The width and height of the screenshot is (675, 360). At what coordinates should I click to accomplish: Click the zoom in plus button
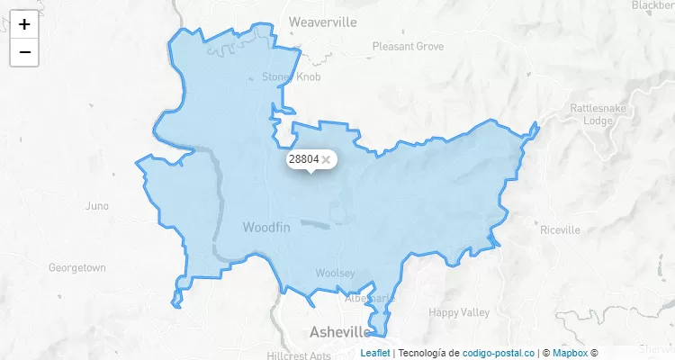click(x=24, y=24)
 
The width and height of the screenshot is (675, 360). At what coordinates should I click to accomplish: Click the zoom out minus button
click(x=24, y=52)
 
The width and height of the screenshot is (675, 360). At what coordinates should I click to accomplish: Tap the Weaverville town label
click(x=322, y=22)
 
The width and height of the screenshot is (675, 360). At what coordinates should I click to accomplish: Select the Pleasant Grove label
click(x=408, y=46)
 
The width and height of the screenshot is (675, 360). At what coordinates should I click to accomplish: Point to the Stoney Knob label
click(x=291, y=76)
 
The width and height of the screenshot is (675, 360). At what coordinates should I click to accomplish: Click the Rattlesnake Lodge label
click(x=591, y=113)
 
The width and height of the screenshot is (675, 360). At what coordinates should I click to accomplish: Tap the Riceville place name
click(x=560, y=229)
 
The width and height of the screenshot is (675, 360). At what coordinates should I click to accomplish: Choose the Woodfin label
click(x=266, y=229)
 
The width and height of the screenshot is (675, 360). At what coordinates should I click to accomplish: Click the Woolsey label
click(x=335, y=273)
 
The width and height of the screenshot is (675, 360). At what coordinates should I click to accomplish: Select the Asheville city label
click(x=340, y=331)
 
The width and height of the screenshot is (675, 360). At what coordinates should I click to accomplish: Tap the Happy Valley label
click(x=459, y=313)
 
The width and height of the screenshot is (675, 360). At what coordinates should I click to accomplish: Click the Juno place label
click(x=96, y=206)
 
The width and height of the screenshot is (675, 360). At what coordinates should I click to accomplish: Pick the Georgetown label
click(x=77, y=268)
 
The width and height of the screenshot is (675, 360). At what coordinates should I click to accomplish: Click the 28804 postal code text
click(x=303, y=159)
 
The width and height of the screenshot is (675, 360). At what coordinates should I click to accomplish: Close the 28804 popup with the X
click(x=326, y=159)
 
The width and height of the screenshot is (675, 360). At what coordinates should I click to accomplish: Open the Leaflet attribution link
click(x=375, y=353)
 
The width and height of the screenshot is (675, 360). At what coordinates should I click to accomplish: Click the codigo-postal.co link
click(x=499, y=353)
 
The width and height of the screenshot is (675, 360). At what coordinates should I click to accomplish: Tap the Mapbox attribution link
click(x=570, y=353)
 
